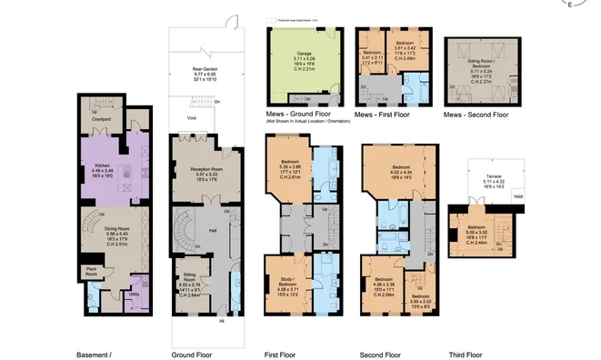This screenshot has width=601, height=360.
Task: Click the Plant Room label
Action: pos(92,270)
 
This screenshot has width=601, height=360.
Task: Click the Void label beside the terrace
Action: pos(517,196)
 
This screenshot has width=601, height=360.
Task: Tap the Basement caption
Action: pos(92,354)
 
